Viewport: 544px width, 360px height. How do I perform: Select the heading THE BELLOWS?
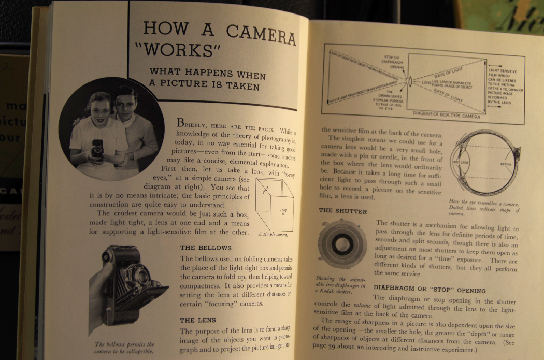coord(206,248)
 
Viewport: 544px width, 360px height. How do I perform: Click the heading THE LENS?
coord(197,320)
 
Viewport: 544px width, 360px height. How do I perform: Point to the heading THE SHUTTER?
coord(343,211)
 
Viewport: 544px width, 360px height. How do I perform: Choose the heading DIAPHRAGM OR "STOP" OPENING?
coord(430,290)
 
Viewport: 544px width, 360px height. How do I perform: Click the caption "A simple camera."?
coord(273,234)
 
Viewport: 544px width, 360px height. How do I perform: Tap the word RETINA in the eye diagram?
coord(506,165)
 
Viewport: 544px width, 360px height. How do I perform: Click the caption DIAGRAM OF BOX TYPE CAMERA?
coord(446,113)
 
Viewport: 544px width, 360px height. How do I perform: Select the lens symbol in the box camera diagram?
coord(411,81)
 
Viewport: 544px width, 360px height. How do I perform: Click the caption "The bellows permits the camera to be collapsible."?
coord(124,348)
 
